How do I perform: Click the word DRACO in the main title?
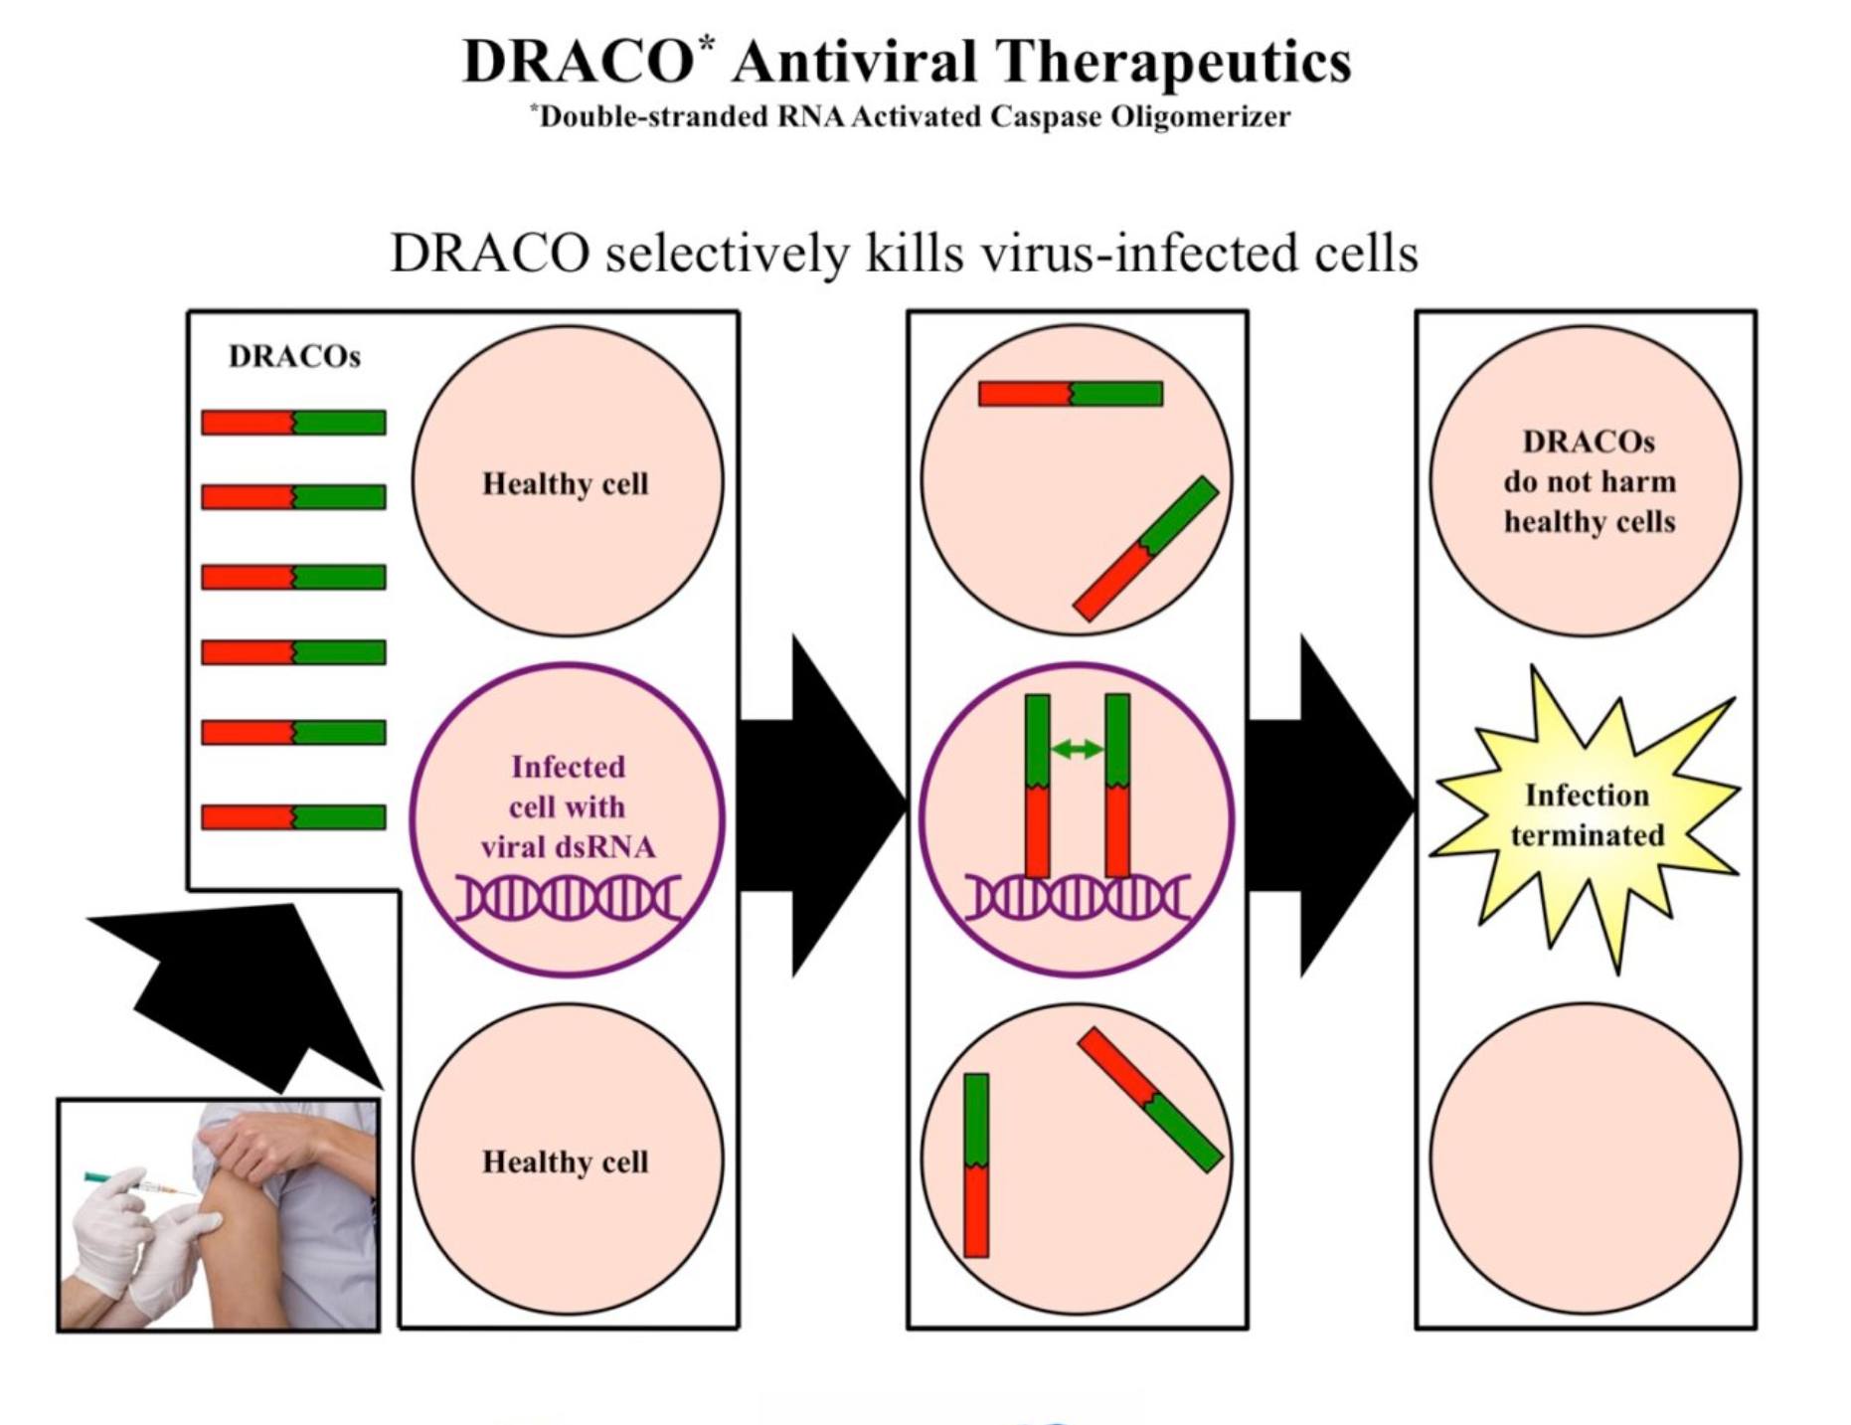click(578, 62)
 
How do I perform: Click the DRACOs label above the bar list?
click(294, 356)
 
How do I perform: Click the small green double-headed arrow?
click(1077, 749)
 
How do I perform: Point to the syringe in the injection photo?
click(139, 1184)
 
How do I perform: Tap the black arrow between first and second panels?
click(823, 805)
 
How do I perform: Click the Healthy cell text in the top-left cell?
click(566, 483)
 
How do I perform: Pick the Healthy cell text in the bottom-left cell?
click(566, 1161)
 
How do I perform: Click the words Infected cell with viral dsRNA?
click(568, 806)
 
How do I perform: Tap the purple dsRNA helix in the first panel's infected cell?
click(569, 898)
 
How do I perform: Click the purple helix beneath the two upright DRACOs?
click(1078, 898)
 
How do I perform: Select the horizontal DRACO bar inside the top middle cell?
click(1071, 394)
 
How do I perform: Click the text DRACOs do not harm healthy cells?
click(1589, 481)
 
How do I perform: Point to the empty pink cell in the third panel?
click(1586, 1158)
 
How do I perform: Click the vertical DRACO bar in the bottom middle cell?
click(976, 1165)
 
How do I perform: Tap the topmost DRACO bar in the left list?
click(293, 423)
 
